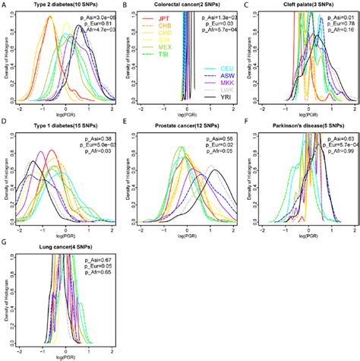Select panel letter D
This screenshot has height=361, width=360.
click(x=6, y=124)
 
